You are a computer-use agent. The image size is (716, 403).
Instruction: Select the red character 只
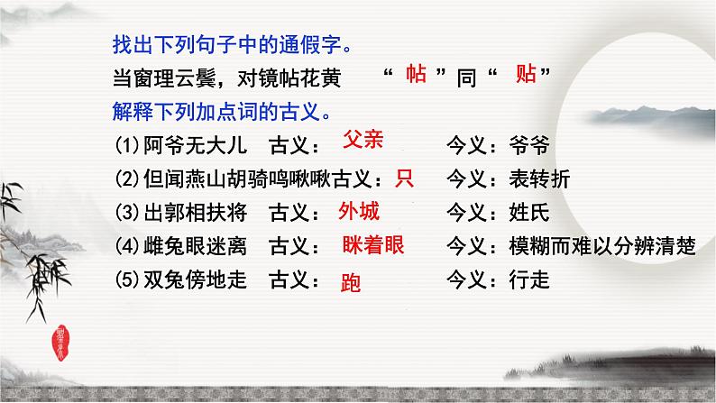point(404,179)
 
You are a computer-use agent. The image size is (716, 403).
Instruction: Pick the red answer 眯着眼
point(373,245)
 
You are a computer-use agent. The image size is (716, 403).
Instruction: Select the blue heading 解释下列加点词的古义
point(227,112)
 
